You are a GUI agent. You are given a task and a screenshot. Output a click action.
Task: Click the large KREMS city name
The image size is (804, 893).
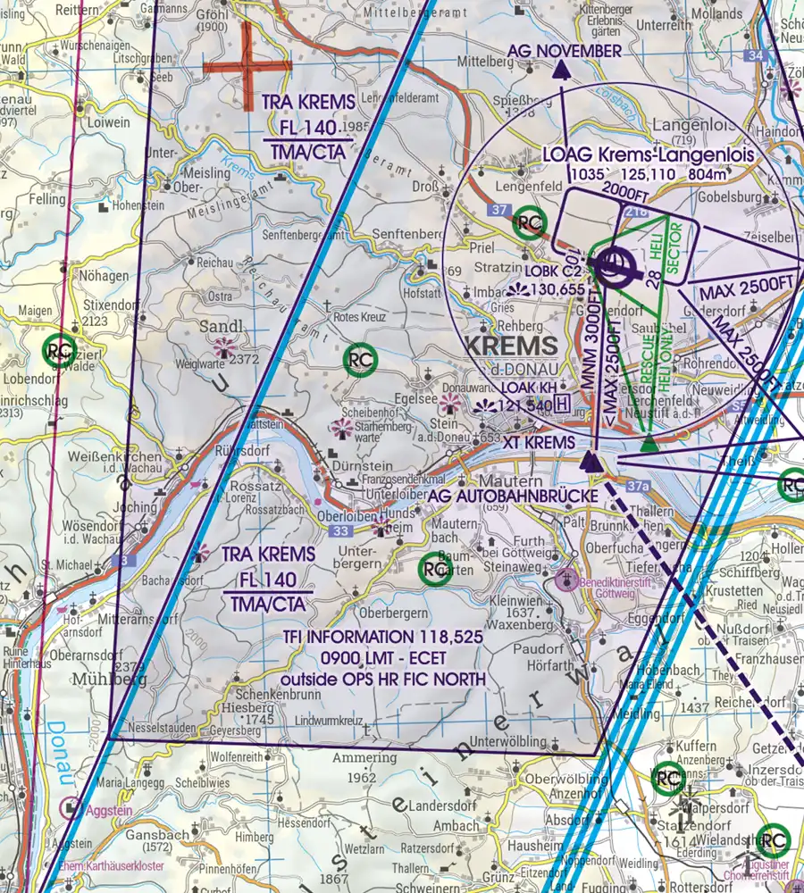tap(513, 346)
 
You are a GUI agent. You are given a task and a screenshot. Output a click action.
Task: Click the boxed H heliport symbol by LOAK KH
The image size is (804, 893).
tap(561, 405)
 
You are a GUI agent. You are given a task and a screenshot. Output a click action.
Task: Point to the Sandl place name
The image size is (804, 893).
tap(221, 326)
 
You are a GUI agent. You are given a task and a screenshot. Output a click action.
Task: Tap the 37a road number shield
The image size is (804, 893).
tap(637, 487)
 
